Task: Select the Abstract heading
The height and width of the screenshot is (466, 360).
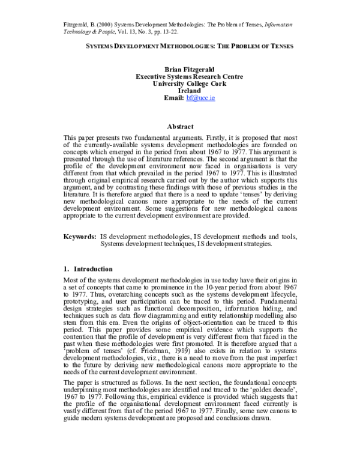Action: [180, 127]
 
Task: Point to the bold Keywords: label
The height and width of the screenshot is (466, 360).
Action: [80, 237]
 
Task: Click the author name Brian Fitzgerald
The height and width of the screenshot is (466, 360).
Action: [180, 70]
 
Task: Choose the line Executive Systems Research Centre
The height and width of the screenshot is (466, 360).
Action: [180, 77]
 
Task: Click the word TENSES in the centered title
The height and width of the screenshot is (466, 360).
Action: [276, 46]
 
